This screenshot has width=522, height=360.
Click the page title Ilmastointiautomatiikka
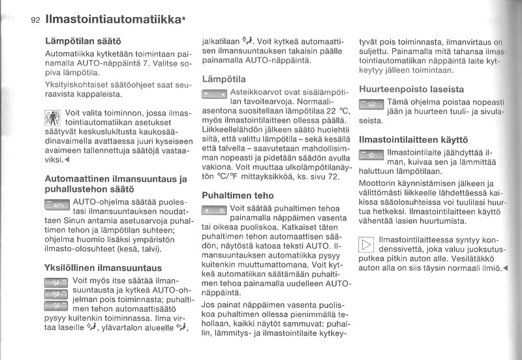[115, 20]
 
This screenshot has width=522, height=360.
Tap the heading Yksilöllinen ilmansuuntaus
[102, 267]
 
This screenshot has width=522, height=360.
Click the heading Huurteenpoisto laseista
[412, 89]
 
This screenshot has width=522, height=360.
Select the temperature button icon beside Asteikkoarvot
[214, 95]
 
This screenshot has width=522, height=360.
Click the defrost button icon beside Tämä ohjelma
[372, 104]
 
